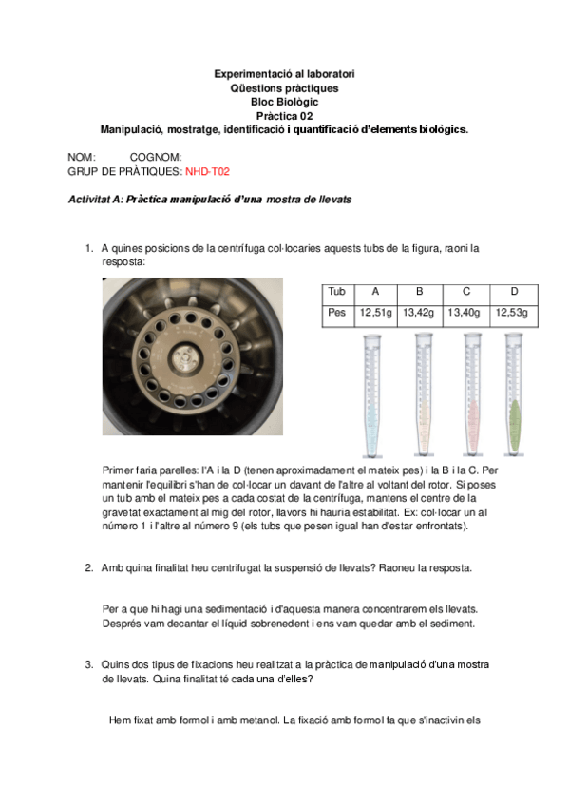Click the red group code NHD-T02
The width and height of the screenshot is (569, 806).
tap(207, 172)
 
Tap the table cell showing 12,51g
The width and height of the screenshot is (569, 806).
tap(375, 312)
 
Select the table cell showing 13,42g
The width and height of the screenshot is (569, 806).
tap(419, 312)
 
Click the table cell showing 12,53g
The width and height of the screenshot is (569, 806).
tap(514, 312)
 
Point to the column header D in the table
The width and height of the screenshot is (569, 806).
tap(514, 291)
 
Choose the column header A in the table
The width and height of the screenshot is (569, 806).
tap(375, 291)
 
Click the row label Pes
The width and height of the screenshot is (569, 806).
tap(336, 312)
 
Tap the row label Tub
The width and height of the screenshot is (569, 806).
tap(336, 291)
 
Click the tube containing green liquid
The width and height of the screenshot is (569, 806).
tap(515, 399)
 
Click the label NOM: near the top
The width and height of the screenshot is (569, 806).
tap(82, 158)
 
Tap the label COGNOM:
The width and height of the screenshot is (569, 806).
tap(156, 158)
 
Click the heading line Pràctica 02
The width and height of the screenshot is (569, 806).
tap(284, 116)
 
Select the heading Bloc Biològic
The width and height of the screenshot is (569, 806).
tap(284, 102)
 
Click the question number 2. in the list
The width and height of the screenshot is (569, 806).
tap(88, 568)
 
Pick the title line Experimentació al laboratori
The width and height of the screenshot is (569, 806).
tap(284, 74)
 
